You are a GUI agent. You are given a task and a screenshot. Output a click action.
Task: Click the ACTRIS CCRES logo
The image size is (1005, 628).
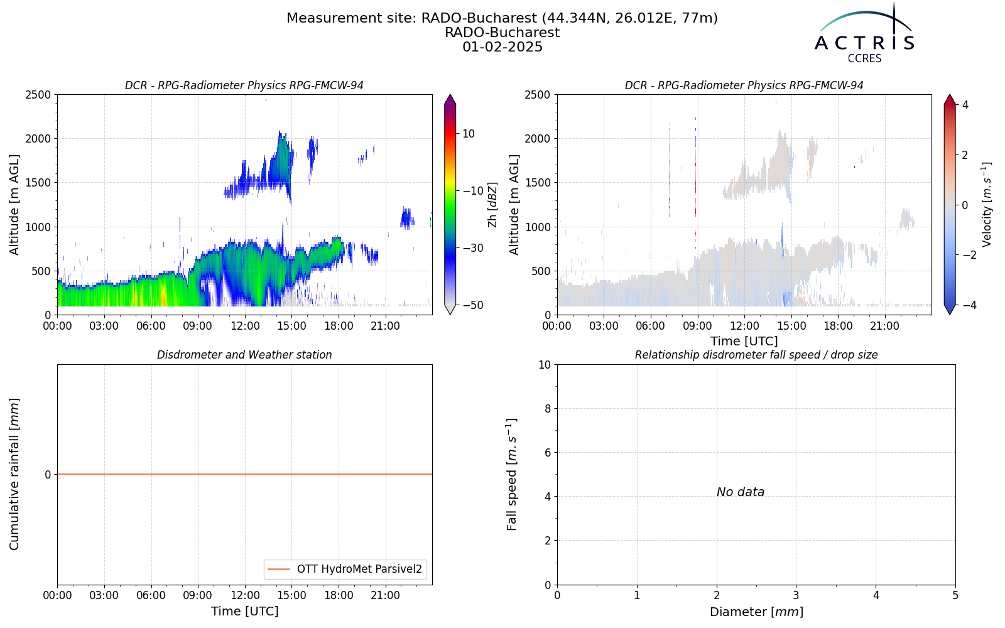coord(864,34)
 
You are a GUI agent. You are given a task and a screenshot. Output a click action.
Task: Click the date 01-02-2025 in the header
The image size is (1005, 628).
coord(503,47)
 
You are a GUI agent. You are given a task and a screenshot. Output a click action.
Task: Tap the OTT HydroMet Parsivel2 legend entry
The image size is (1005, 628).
coord(345,569)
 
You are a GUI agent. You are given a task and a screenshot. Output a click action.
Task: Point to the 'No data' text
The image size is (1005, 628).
coord(741,492)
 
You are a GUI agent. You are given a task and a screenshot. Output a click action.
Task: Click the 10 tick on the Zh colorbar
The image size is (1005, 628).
coord(469,134)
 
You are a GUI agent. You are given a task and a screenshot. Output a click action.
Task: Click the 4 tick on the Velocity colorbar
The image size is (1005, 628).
coord(965,105)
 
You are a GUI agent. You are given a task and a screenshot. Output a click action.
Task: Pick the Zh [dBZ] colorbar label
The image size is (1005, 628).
coord(492,205)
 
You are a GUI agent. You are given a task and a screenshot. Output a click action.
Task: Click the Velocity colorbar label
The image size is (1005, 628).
coord(986,205)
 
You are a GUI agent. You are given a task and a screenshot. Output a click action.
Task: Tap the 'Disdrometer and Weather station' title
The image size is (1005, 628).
coord(244,355)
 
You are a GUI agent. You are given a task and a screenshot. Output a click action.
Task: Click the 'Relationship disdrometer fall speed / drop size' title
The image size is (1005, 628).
coord(756,355)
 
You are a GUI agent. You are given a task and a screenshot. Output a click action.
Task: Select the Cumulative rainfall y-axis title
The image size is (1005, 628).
coord(14,474)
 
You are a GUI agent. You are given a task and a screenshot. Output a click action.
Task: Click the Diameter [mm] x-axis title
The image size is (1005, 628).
coord(756,612)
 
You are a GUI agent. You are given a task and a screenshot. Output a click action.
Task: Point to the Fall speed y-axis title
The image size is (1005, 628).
coord(512,474)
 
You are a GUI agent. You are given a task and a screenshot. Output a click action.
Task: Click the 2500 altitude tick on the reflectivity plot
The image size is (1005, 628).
coord(38,95)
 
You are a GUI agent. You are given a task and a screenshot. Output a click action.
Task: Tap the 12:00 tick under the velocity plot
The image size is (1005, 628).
coord(744,326)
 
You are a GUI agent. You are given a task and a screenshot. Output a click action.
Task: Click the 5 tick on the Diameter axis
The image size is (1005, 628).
coord(955,596)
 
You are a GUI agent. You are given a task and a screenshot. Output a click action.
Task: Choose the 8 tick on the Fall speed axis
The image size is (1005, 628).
coord(547,409)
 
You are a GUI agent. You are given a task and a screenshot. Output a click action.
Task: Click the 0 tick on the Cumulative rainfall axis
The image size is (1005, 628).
coord(48,475)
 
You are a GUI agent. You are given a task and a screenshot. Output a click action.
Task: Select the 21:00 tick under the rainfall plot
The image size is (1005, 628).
coord(386,596)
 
